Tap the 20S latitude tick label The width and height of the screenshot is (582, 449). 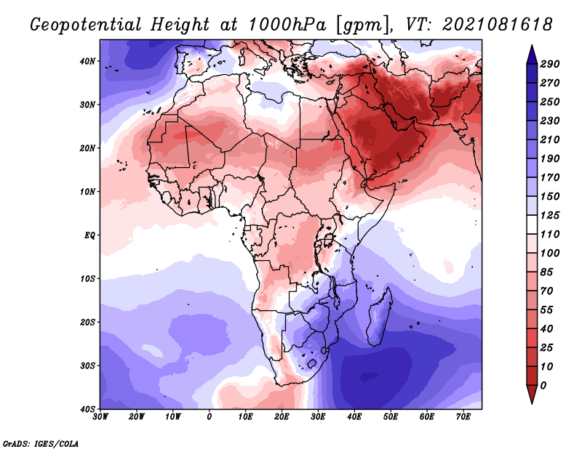[x=88, y=322]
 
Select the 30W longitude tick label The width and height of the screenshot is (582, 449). [x=100, y=416]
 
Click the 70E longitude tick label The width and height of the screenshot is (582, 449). [x=463, y=416]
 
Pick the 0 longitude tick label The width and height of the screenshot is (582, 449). [x=210, y=416]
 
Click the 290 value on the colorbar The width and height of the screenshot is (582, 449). [x=550, y=64]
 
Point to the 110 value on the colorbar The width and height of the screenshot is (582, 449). [x=550, y=234]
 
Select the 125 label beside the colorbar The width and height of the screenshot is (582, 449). [x=550, y=215]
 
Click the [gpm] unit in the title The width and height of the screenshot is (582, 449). [x=357, y=24]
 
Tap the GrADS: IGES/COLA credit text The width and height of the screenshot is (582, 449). [x=41, y=443]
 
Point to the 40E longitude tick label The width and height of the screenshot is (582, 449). [x=354, y=416]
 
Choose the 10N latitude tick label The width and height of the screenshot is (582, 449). [x=88, y=192]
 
